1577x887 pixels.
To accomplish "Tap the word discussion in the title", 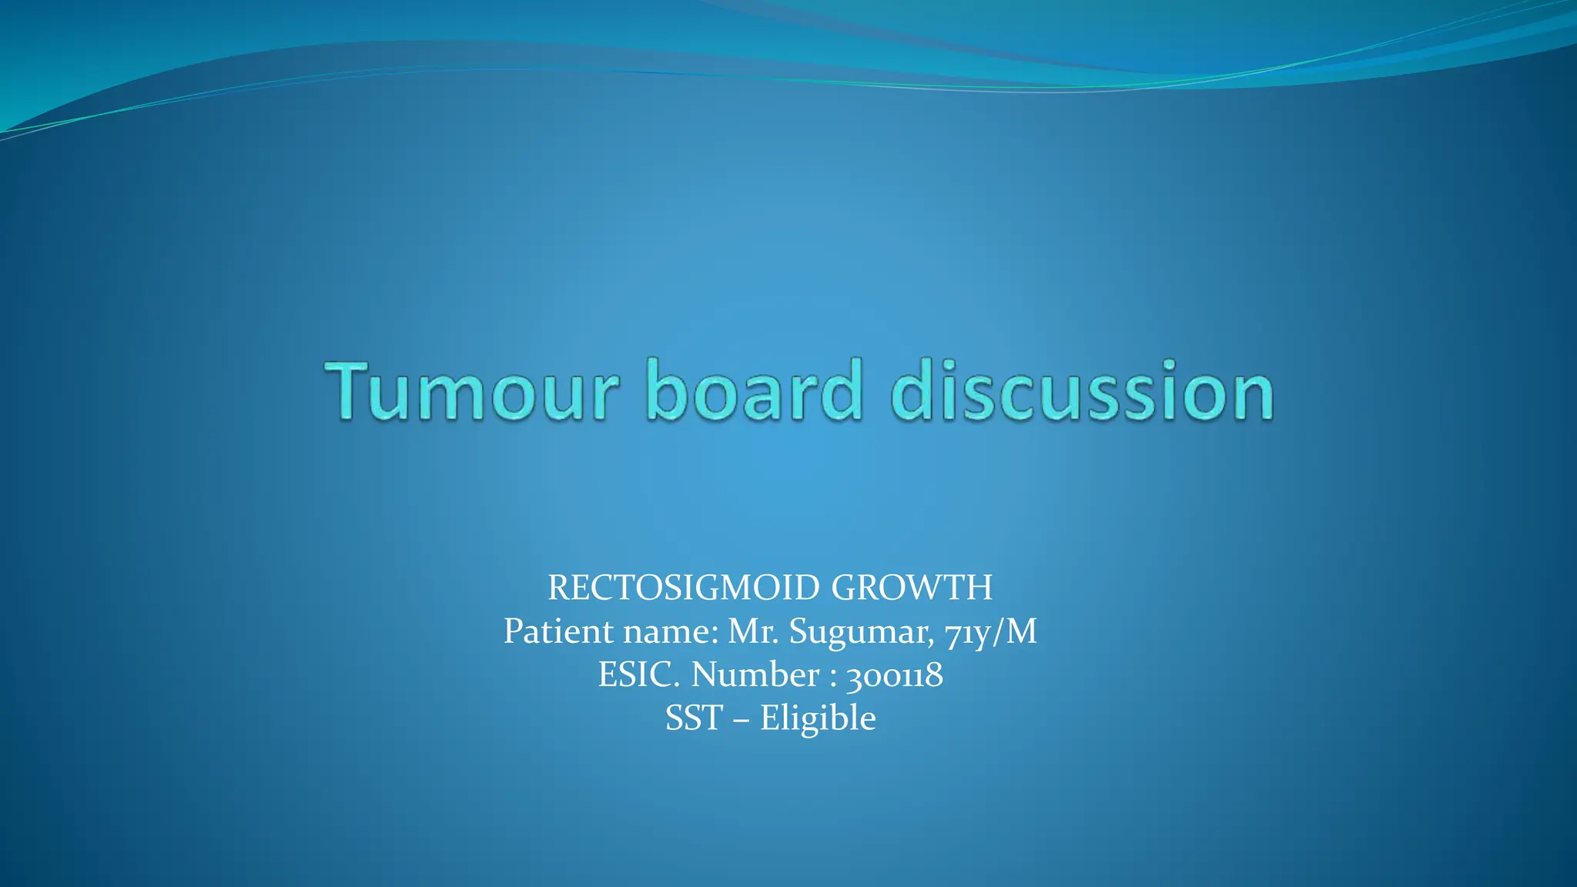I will pos(1082,391).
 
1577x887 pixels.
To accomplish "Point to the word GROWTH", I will pos(912,588).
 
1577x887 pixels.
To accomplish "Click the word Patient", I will pos(558,631).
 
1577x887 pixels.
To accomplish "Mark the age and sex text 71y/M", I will pos(991,631).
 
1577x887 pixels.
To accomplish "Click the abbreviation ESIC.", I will pos(639,675).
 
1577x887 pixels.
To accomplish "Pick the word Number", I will pos(755,675).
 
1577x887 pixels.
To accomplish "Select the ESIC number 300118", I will pos(894,676).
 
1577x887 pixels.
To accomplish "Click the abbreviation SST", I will pos(694,718).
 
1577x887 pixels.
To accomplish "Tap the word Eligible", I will pos(818,718).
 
